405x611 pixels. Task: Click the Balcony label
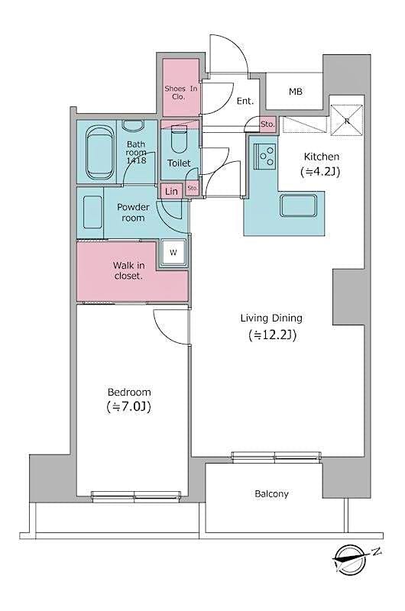[271, 493]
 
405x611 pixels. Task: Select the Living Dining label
[271, 318]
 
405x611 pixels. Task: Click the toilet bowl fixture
[180, 141]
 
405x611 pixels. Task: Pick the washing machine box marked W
[173, 252]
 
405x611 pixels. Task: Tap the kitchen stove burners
[265, 157]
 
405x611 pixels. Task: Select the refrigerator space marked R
[345, 119]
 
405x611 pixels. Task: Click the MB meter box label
[295, 92]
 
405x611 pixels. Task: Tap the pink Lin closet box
[171, 192]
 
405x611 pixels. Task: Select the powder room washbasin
[92, 211]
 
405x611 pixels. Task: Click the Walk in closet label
[128, 270]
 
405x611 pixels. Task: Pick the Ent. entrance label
[245, 101]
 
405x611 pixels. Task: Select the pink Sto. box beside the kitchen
[267, 124]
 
